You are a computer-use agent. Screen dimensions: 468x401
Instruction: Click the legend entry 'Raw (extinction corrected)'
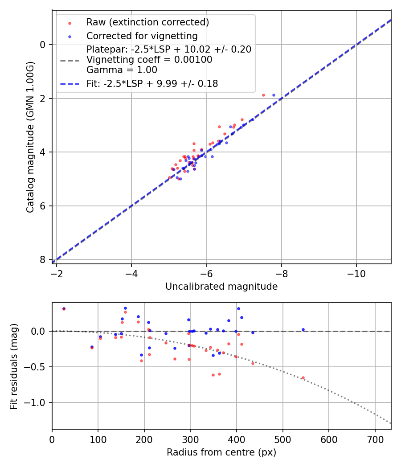pyautogui.click(x=147, y=22)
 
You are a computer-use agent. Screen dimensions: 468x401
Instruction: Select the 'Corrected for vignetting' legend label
pyautogui.click(x=142, y=36)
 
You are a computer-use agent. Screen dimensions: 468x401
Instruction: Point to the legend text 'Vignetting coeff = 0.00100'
pyautogui.click(x=149, y=60)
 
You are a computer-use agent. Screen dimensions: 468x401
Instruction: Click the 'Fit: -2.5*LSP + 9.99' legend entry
pyautogui.click(x=152, y=84)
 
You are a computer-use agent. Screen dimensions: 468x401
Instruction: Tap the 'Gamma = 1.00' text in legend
pyautogui.click(x=122, y=70)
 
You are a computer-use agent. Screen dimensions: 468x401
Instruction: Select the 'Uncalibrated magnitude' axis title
pyautogui.click(x=221, y=287)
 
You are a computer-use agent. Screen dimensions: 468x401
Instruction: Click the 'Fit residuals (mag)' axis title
pyautogui.click(x=14, y=366)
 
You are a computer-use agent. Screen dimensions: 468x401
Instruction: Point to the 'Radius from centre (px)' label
pyautogui.click(x=221, y=452)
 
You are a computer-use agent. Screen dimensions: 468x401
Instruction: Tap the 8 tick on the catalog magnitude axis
pyautogui.click(x=43, y=259)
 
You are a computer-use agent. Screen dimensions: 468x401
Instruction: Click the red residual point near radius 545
pyautogui.click(x=303, y=378)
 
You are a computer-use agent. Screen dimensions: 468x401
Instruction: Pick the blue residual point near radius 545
pyautogui.click(x=303, y=330)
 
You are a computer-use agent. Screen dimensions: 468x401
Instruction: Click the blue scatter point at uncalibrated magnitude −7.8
pyautogui.click(x=274, y=95)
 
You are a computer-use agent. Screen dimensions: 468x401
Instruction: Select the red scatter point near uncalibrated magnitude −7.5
pyautogui.click(x=263, y=95)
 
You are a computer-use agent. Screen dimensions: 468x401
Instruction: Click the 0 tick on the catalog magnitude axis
pyautogui.click(x=43, y=45)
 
